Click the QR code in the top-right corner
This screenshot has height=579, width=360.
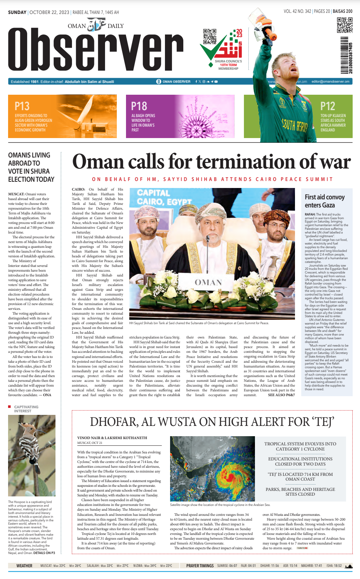point(345,25)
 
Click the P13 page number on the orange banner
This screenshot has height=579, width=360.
point(22,106)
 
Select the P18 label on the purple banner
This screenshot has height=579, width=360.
point(139,106)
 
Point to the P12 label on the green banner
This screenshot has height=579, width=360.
point(328,106)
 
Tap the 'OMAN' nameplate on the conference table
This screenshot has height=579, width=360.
point(208,282)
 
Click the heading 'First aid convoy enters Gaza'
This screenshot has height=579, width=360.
point(325,201)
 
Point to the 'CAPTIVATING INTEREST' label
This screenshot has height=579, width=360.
point(26,409)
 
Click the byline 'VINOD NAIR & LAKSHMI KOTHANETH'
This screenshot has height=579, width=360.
point(112,438)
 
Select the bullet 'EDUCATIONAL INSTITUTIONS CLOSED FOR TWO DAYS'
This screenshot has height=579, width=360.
point(300,462)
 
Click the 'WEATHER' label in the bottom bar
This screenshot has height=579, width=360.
point(24,566)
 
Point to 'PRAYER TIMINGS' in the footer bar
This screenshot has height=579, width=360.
point(200,566)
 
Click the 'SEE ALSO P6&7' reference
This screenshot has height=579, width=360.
point(281,395)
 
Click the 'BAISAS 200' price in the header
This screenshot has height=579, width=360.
point(342,11)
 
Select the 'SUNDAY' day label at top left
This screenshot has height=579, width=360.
point(17,12)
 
